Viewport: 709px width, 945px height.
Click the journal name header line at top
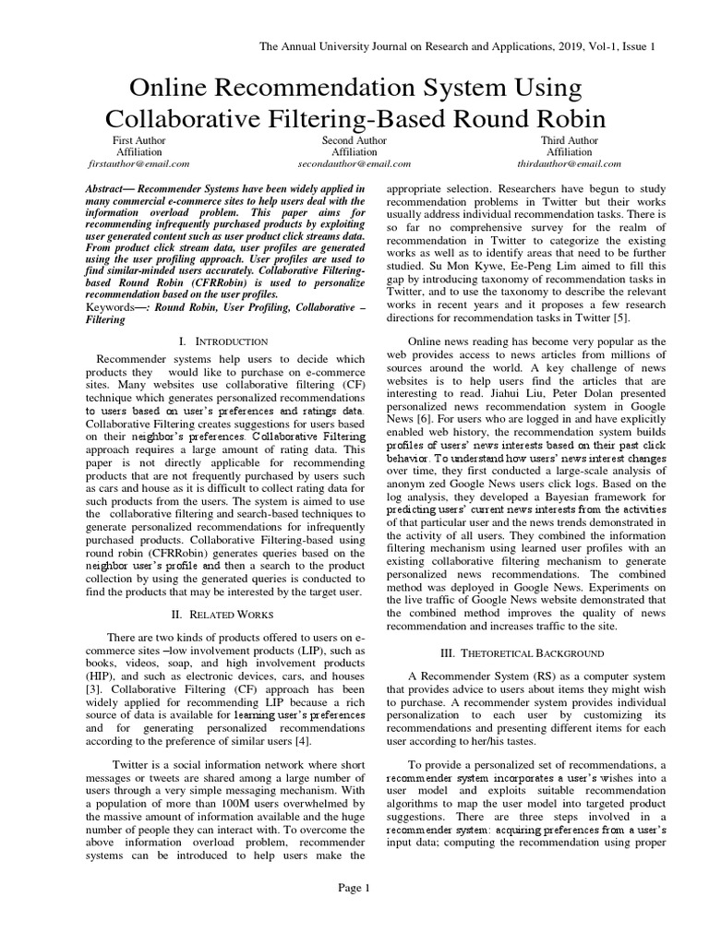coord(458,46)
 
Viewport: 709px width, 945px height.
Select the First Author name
coord(139,140)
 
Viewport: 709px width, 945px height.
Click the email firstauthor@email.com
coord(139,163)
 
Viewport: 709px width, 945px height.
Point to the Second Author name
coord(354,140)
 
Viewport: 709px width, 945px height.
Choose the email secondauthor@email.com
coord(354,163)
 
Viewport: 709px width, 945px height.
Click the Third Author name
coord(570,140)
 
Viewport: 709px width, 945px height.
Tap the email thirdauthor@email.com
coord(570,163)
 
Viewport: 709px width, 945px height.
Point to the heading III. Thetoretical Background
coord(522,652)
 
